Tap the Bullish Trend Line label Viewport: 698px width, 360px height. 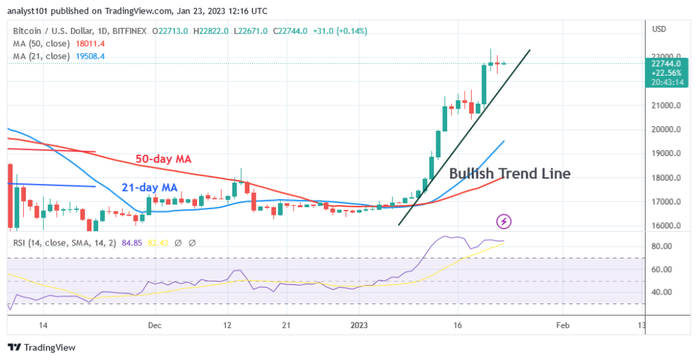[509, 174]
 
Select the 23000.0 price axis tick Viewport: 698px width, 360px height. [665, 57]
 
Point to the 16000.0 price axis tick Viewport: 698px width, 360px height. [665, 226]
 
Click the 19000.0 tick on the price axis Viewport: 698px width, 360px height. [665, 153]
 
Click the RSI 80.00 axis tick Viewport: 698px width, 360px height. [663, 246]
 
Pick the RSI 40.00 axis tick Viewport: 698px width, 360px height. [663, 292]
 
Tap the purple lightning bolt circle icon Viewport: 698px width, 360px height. [504, 221]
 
